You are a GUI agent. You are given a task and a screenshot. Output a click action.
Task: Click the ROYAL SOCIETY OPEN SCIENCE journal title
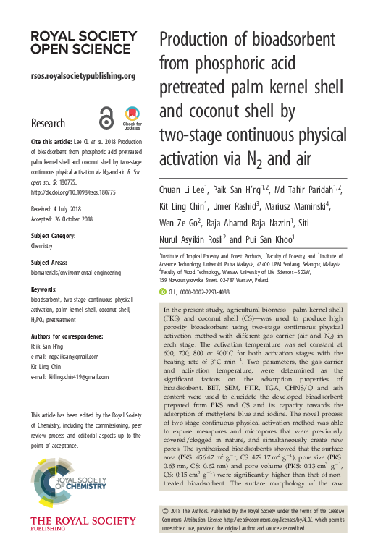coord(73,41)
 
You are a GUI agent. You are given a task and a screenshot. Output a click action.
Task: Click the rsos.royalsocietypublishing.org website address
coord(83,75)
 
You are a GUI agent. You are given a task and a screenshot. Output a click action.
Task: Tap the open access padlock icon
coord(106,118)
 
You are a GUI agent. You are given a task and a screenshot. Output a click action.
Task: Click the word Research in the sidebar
coord(48,124)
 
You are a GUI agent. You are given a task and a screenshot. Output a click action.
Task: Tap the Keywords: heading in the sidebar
coord(45,287)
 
